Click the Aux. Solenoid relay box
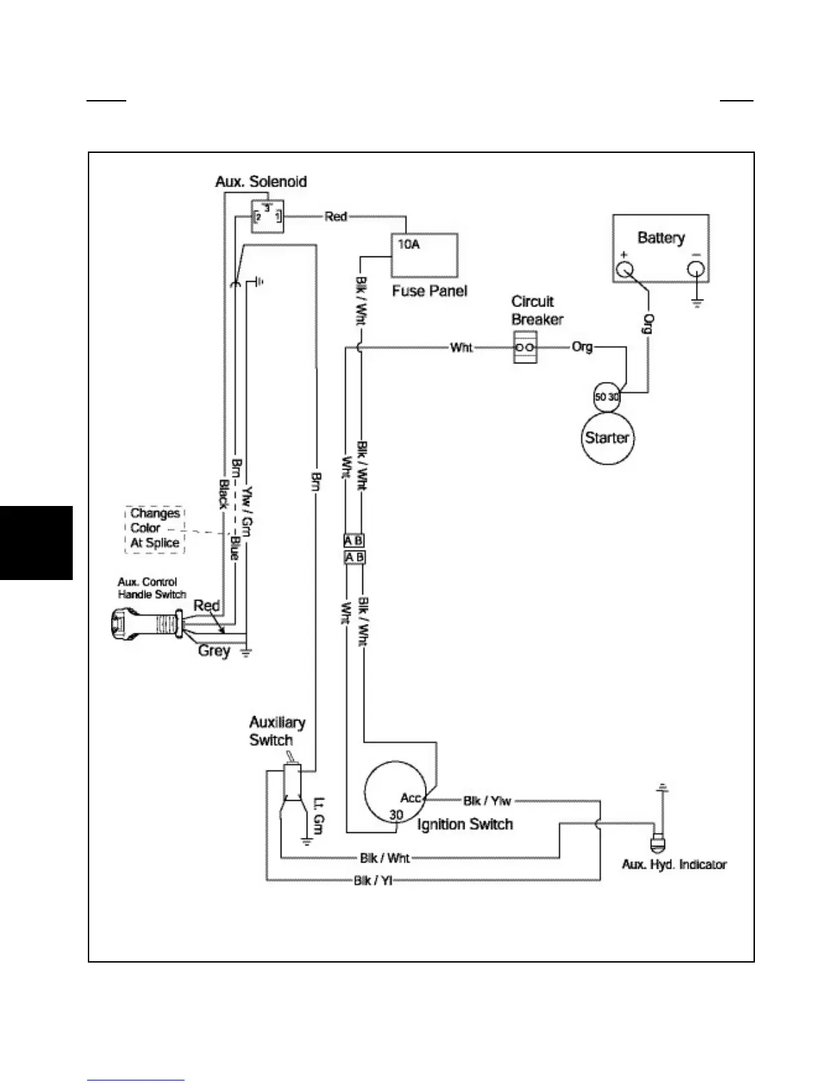tap(267, 216)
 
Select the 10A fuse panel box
tap(424, 255)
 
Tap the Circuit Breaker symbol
tap(526, 348)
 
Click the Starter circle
tap(607, 438)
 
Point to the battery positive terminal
tap(625, 269)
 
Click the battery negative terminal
tap(696, 270)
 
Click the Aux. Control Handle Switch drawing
tap(147, 626)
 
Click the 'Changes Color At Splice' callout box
tap(155, 529)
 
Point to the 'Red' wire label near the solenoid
tap(336, 217)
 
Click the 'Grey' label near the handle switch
tap(213, 650)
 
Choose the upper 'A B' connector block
tap(354, 541)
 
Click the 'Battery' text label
tap(661, 238)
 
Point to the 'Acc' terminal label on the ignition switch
tap(410, 798)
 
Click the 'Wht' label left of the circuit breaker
tap(461, 348)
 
